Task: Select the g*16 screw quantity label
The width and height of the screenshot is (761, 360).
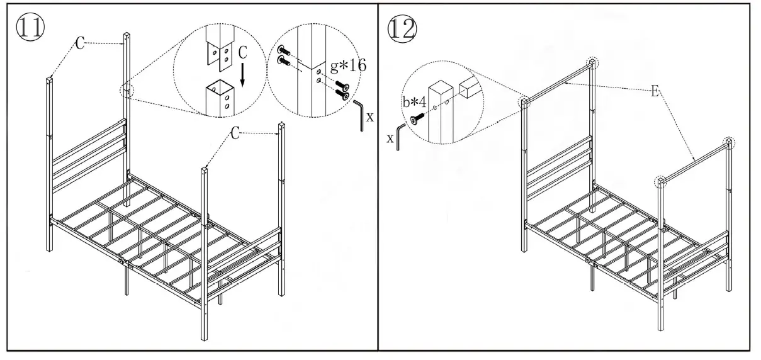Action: [x=349, y=65]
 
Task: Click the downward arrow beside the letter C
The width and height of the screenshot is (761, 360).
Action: [x=242, y=72]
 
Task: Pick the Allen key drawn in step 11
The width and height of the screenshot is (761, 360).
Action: [x=359, y=115]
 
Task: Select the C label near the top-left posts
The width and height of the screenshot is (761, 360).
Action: [x=80, y=43]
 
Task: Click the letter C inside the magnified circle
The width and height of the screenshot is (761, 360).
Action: [x=242, y=53]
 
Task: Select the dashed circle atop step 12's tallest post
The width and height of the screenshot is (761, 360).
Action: [x=592, y=62]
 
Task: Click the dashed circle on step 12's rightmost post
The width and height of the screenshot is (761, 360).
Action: [x=728, y=142]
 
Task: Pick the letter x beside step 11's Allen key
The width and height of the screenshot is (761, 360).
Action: [x=370, y=116]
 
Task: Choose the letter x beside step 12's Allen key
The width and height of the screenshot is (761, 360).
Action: [x=391, y=138]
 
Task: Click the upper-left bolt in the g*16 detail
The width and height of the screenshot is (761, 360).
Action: [x=283, y=50]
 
